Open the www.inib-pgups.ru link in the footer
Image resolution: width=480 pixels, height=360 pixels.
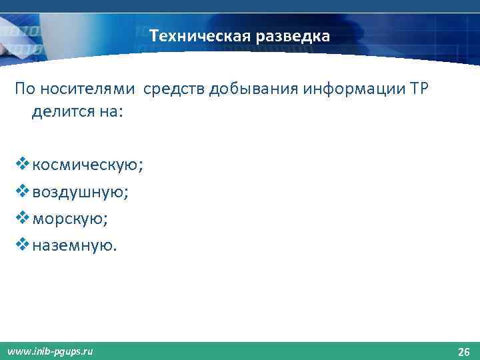[50, 351]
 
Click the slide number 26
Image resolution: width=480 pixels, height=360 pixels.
[463, 351]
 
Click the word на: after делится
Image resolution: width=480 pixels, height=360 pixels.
[109, 112]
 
